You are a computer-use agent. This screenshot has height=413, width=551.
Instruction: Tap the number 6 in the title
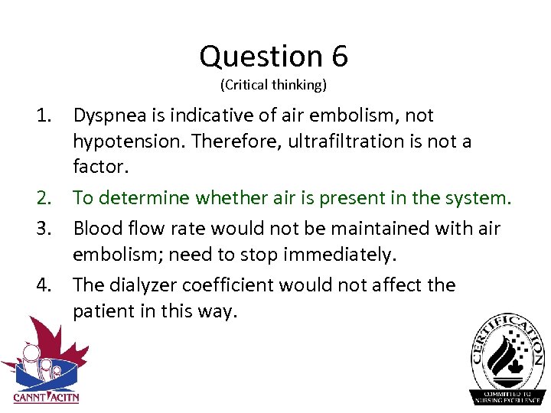340,57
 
